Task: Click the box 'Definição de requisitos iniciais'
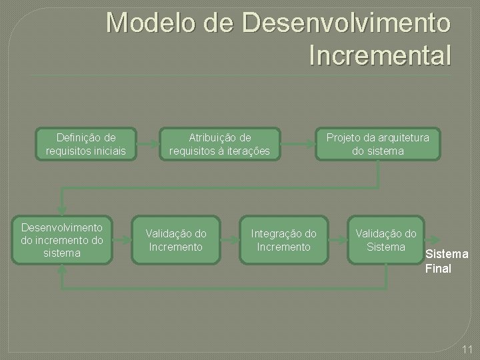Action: [86, 144]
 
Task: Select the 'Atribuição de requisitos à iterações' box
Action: [219, 144]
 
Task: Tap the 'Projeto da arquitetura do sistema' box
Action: [378, 144]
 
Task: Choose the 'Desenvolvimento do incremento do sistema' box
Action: [61, 239]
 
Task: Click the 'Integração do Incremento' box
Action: [283, 240]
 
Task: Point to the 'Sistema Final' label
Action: [446, 261]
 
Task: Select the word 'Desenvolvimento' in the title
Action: [347, 23]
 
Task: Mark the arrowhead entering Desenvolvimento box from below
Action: [61, 269]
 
